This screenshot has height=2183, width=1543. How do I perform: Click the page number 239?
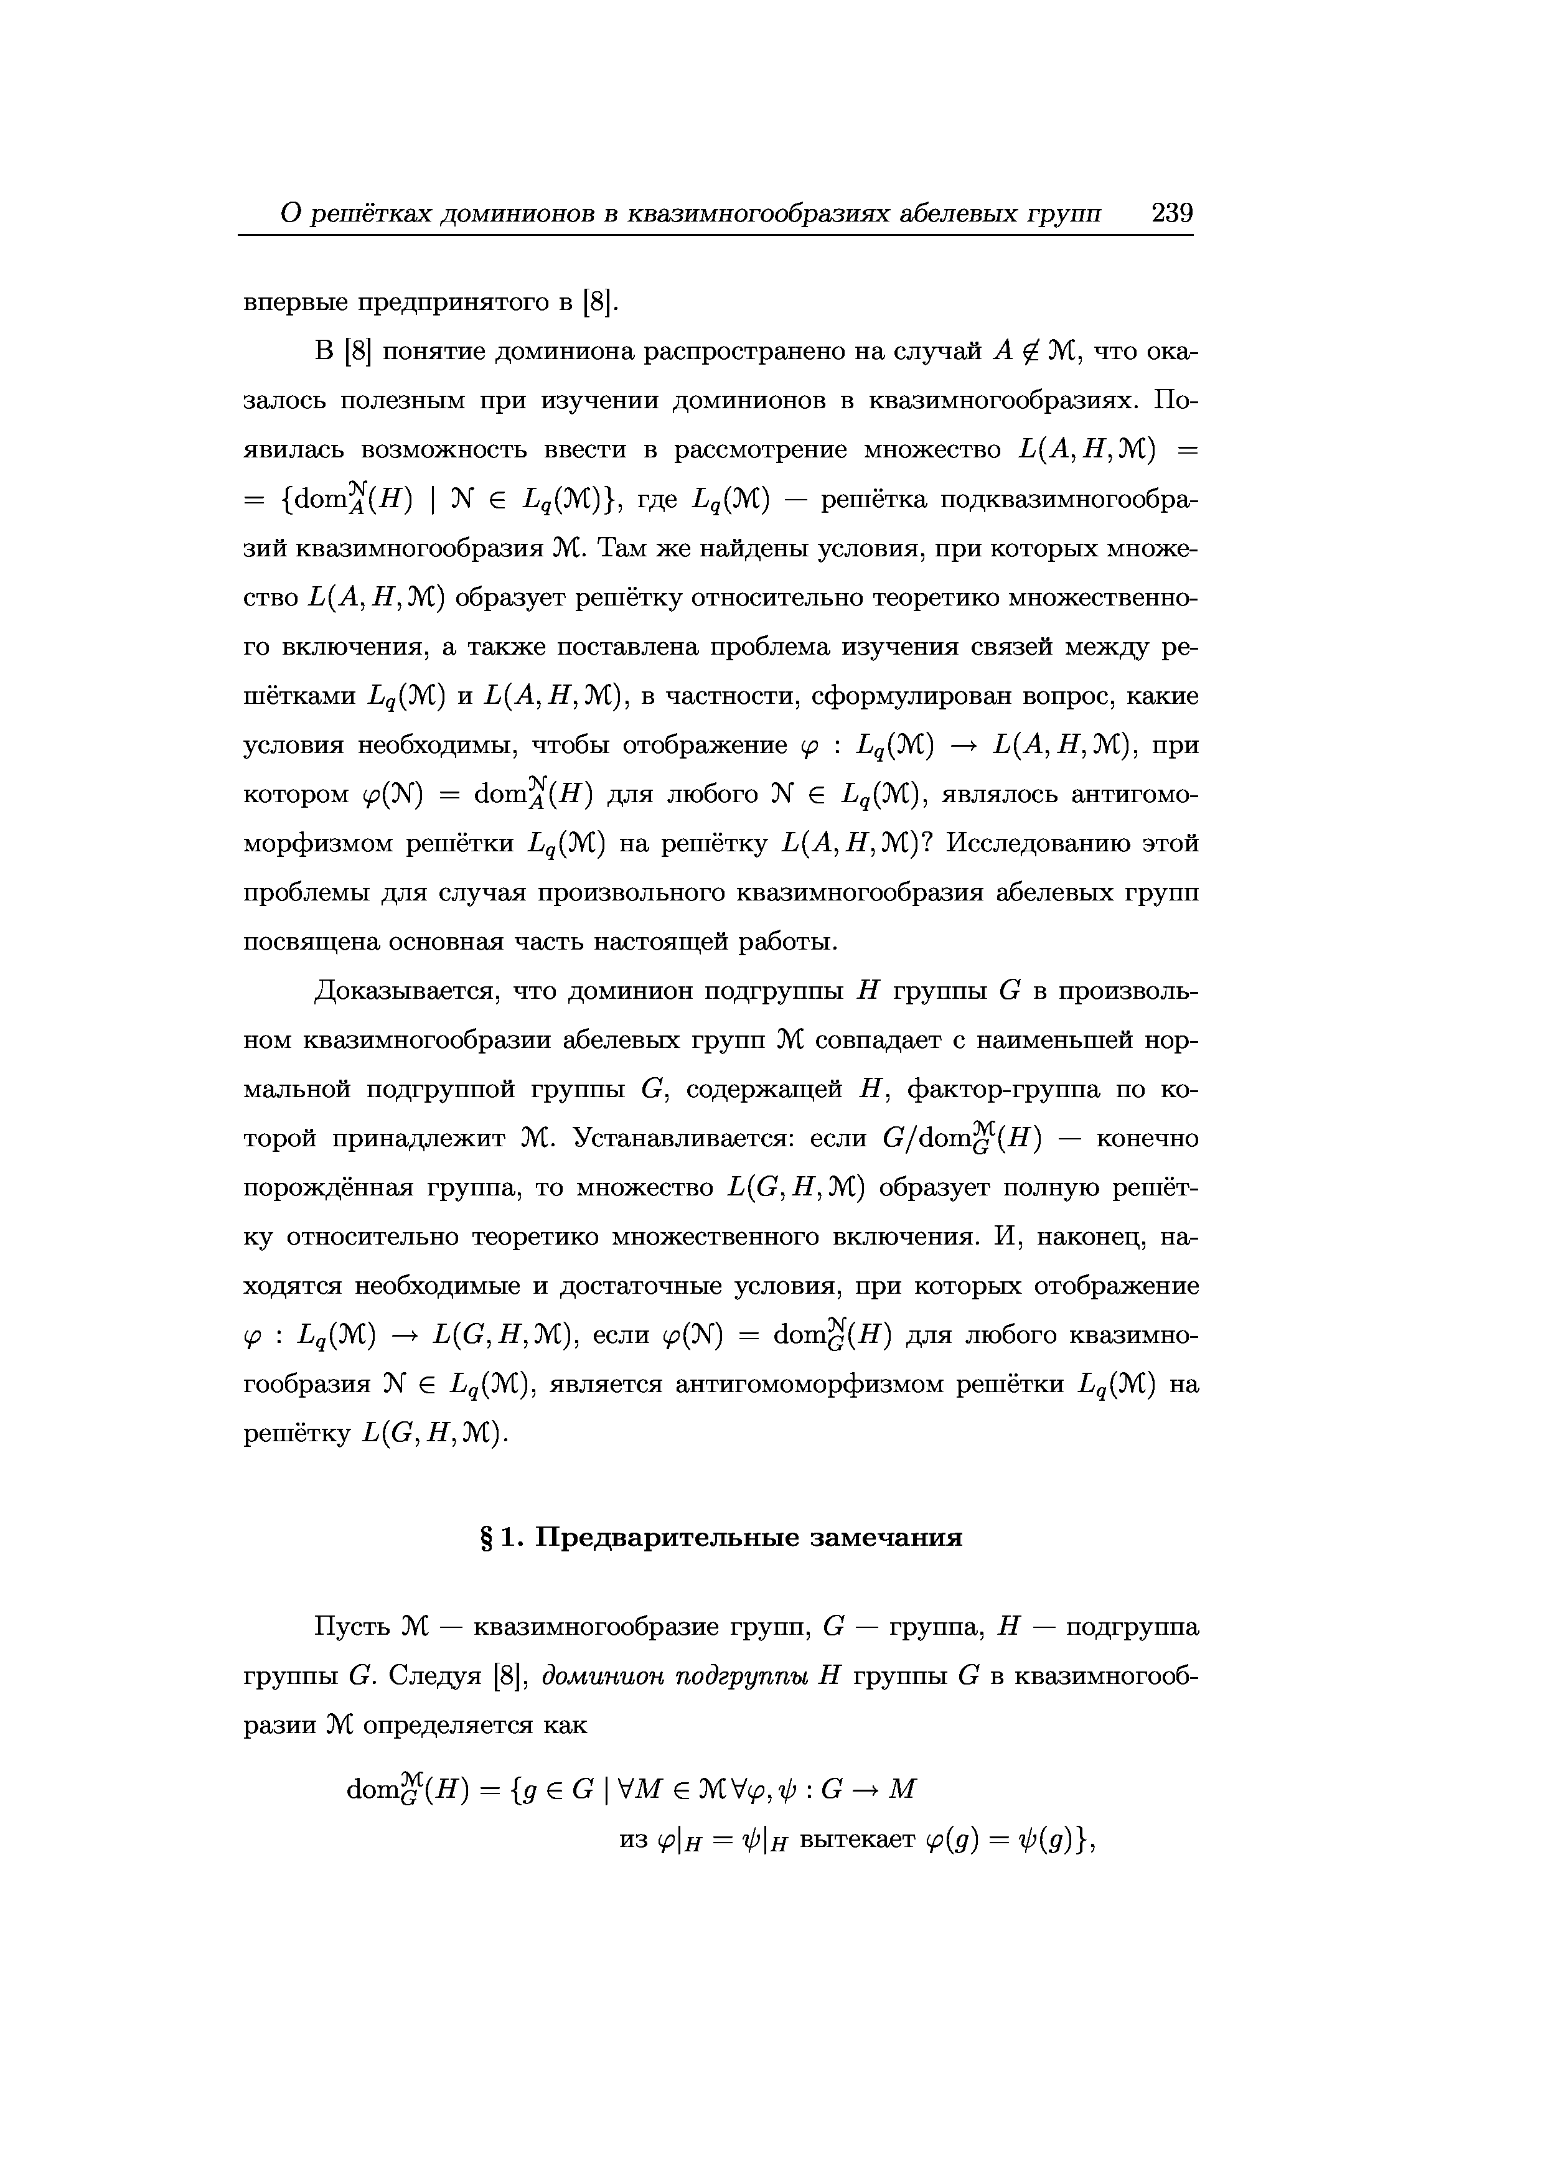coord(1171,213)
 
